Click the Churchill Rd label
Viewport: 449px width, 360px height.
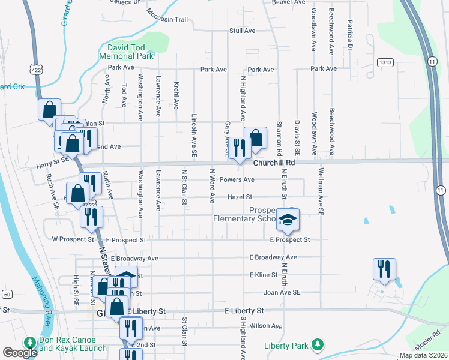(274, 163)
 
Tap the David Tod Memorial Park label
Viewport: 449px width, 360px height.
(127, 52)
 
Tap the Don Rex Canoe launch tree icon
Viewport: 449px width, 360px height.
(29, 342)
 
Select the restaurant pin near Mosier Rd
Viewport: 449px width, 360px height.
(384, 269)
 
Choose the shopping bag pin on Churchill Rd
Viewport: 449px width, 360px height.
(255, 137)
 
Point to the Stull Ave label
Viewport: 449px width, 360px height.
(243, 31)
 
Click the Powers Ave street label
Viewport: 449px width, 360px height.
(237, 179)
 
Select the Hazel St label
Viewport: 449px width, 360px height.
(240, 196)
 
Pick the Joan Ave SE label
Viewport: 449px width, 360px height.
(282, 292)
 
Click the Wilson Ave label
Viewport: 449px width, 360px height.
(266, 326)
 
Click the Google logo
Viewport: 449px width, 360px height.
(20, 353)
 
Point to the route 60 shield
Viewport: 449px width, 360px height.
(7, 294)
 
